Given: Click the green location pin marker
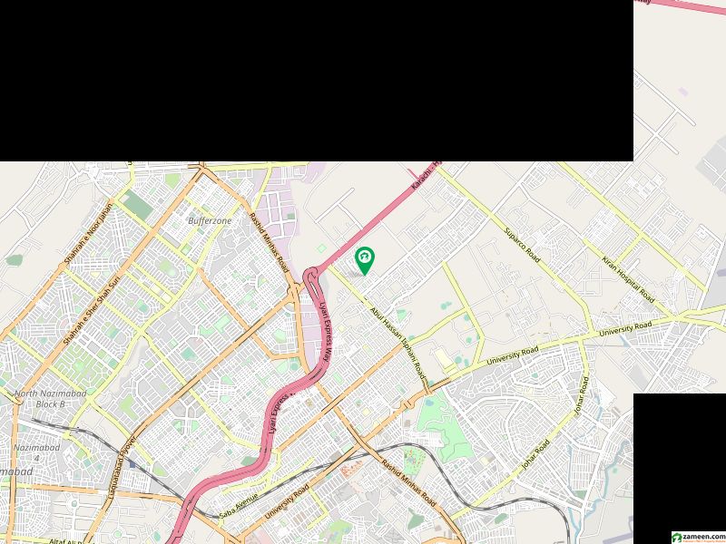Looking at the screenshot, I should point(364,259).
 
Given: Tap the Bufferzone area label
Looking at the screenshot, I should point(210,220).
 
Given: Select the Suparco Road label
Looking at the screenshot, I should point(522,245).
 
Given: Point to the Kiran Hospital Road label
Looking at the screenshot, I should point(627,279).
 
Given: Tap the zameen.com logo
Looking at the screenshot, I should point(697,537).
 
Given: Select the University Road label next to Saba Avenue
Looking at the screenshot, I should point(288,500).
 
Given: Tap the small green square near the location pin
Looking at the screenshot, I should point(320,248).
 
